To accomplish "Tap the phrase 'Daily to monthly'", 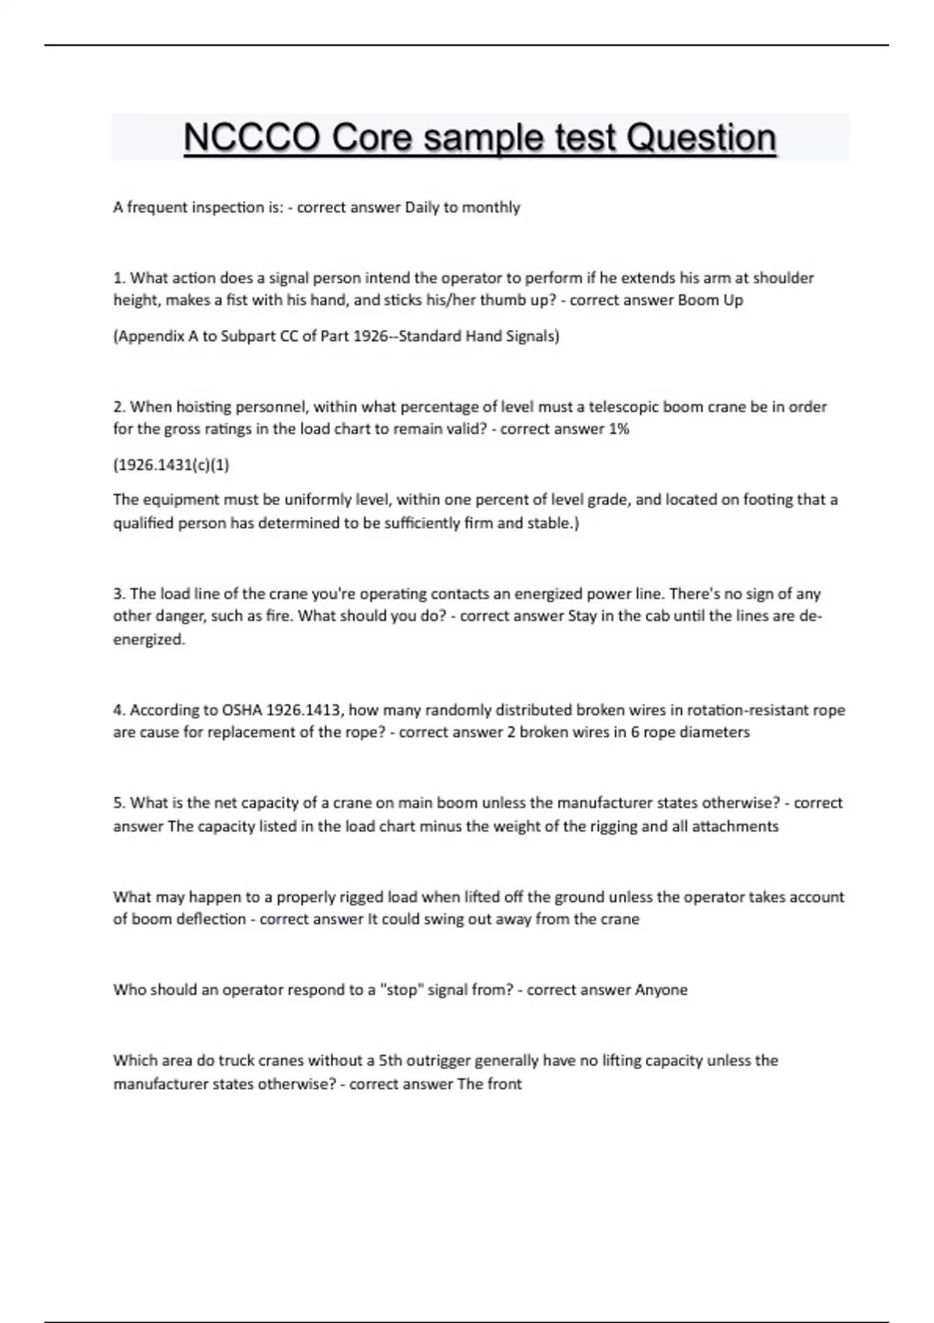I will tap(462, 207).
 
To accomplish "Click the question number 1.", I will tap(119, 278).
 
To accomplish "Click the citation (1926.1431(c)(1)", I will tap(171, 465).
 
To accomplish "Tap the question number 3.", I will tap(119, 594).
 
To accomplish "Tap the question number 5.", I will tap(119, 803).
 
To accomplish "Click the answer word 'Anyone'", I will tap(661, 990).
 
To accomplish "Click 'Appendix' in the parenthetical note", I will tap(146, 336).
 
